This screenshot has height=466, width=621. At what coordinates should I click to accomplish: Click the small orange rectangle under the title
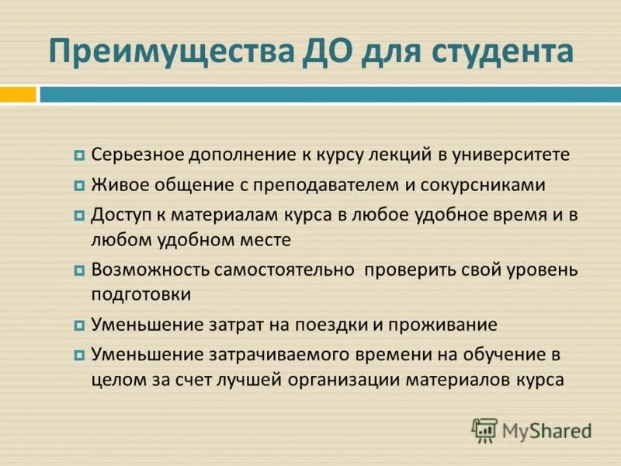click(x=18, y=94)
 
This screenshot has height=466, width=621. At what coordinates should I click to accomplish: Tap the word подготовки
click(x=141, y=295)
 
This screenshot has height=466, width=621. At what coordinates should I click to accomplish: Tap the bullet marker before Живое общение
click(x=79, y=186)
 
